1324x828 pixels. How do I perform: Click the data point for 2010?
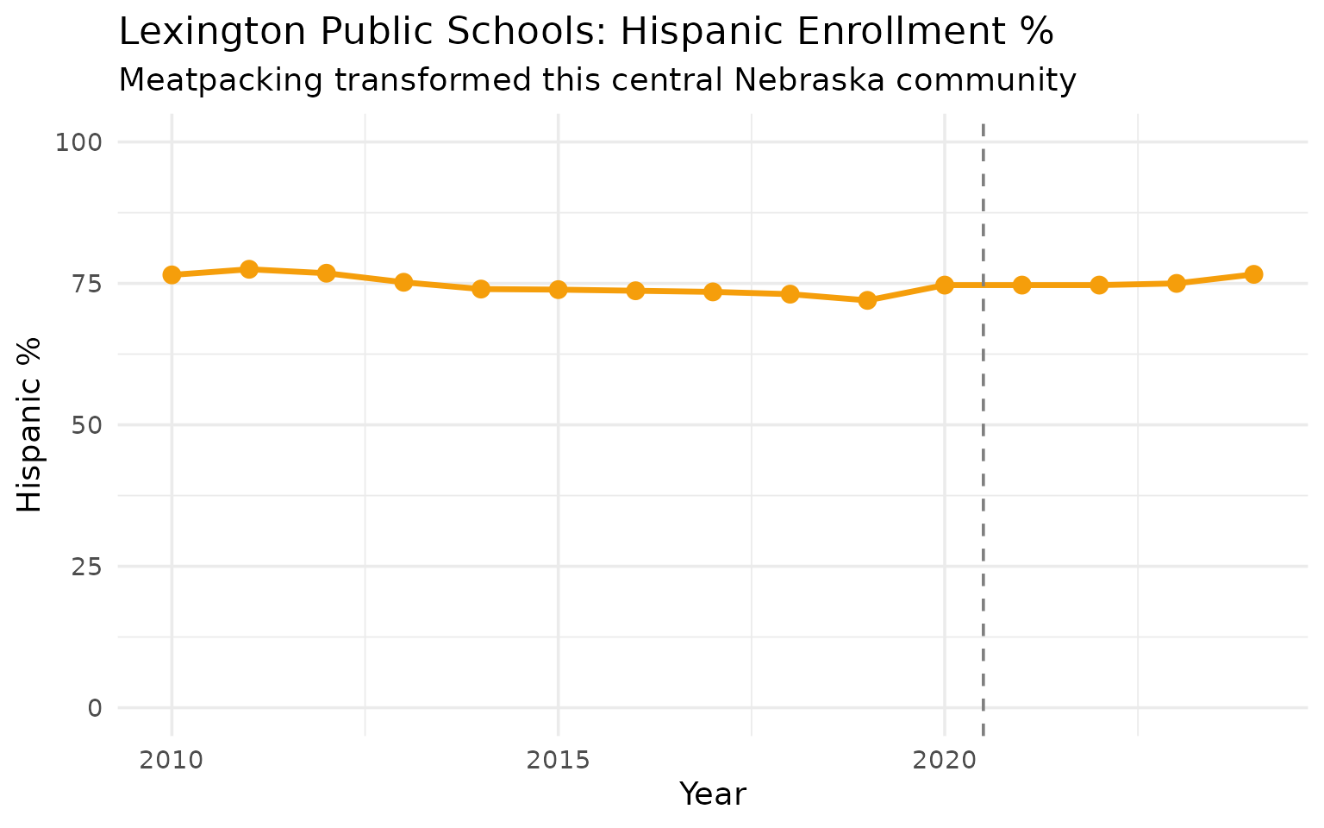click(172, 275)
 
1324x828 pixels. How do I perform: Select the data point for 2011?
click(249, 269)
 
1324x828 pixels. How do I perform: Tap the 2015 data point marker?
click(558, 289)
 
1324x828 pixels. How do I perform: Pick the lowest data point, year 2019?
click(867, 300)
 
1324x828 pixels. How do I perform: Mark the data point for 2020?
click(945, 285)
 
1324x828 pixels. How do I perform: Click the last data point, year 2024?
click(1253, 274)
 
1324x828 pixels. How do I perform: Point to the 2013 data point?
click(403, 282)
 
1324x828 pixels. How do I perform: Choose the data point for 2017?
click(713, 292)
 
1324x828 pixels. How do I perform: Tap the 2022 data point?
click(1099, 285)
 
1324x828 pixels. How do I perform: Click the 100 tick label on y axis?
click(78, 142)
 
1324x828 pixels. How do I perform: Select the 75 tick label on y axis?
click(84, 284)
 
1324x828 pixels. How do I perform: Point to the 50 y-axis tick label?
click(84, 425)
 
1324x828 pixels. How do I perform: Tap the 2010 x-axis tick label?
click(172, 761)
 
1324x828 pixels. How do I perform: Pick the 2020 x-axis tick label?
click(945, 761)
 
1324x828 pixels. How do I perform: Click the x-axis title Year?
click(713, 794)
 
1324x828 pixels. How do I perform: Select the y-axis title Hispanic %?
click(30, 425)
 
